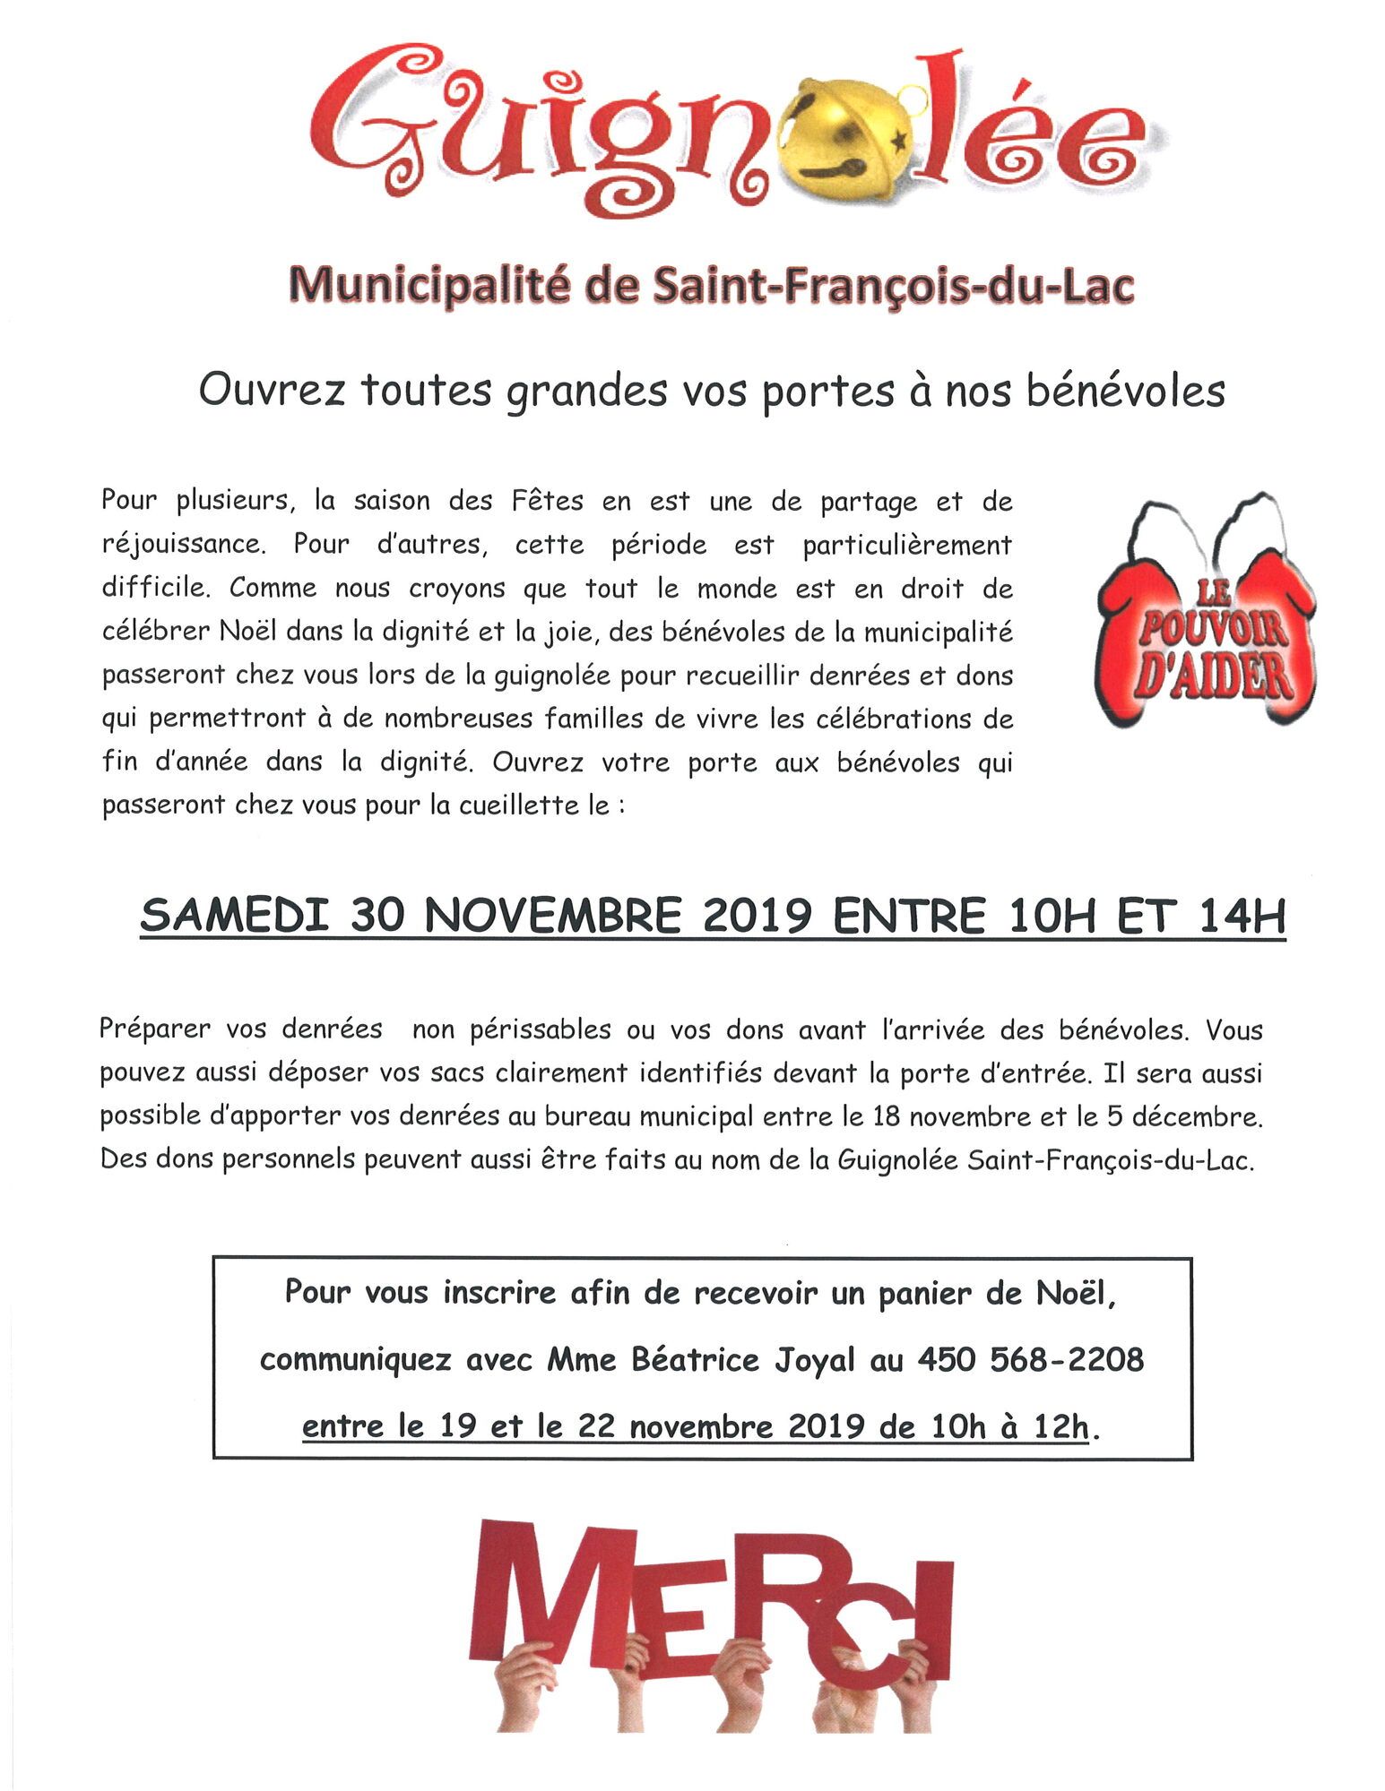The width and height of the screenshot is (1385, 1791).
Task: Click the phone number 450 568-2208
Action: click(x=1030, y=1360)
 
